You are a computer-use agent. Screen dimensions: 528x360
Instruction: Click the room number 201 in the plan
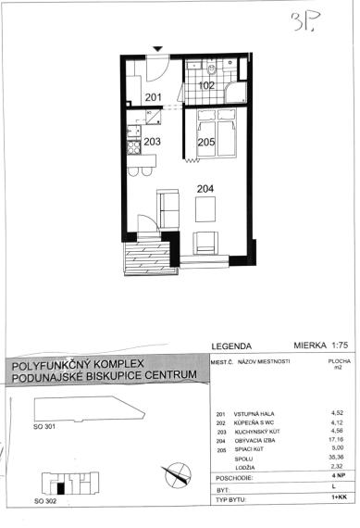(x=154, y=97)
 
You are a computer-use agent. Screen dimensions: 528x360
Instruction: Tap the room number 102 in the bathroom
(x=206, y=85)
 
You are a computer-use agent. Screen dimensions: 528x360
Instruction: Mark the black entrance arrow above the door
(x=158, y=49)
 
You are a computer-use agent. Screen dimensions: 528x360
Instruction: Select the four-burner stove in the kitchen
(x=133, y=145)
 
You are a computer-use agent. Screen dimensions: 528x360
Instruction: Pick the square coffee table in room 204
(x=205, y=210)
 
